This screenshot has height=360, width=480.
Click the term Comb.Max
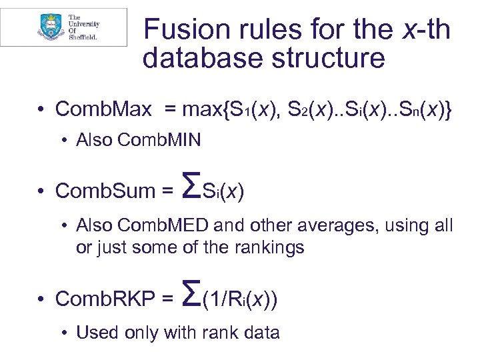click(103, 109)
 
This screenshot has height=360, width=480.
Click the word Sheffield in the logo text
click(83, 37)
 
